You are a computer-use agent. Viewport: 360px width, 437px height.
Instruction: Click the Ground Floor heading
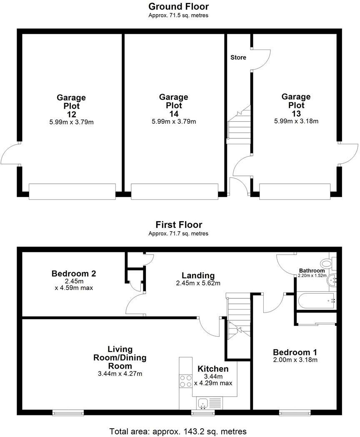179,7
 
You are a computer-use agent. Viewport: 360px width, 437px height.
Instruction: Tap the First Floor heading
179,225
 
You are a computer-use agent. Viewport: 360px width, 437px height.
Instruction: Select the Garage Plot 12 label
71,106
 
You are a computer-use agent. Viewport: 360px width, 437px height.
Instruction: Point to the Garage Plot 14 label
174,105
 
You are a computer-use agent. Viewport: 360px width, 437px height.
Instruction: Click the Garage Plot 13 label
296,105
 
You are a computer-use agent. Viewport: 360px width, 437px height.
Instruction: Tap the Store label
238,57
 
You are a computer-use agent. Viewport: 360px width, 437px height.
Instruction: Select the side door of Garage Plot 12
10,154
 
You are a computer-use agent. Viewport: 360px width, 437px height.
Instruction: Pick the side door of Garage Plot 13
348,154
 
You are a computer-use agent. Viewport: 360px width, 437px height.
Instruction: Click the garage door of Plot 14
174,191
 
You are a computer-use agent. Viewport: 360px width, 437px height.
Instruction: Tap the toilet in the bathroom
326,263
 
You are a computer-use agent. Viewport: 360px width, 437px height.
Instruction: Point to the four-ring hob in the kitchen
185,381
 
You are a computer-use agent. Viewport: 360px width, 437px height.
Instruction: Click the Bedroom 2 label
74,274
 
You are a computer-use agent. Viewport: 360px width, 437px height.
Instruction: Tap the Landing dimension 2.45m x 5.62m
198,283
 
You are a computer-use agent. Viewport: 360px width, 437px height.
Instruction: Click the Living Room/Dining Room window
68,413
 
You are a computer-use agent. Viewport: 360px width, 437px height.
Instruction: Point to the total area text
178,431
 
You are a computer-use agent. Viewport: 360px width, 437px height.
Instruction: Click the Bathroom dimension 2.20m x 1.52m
312,276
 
